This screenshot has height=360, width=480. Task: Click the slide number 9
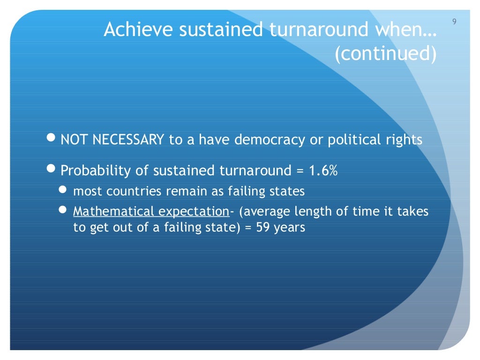(454, 22)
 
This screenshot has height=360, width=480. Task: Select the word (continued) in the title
(385, 54)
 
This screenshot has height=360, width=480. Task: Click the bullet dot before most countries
(63, 190)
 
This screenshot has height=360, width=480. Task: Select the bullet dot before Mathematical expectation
(63, 211)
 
